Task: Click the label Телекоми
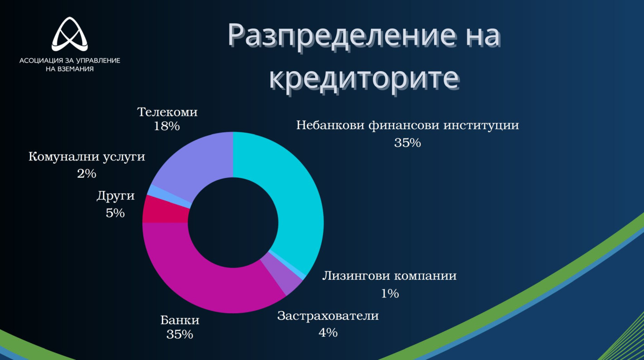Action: (x=167, y=112)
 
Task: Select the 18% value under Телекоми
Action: (x=167, y=126)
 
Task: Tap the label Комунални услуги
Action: (x=87, y=157)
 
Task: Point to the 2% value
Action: (x=87, y=174)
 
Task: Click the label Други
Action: (x=116, y=196)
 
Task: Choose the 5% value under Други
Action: (x=115, y=213)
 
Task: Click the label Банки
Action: (x=180, y=321)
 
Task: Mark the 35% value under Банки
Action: (x=180, y=335)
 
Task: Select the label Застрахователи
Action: (x=328, y=316)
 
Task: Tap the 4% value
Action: (x=328, y=333)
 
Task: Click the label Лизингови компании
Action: (x=389, y=276)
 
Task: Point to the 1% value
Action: (x=390, y=293)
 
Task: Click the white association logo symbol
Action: (x=69, y=34)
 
